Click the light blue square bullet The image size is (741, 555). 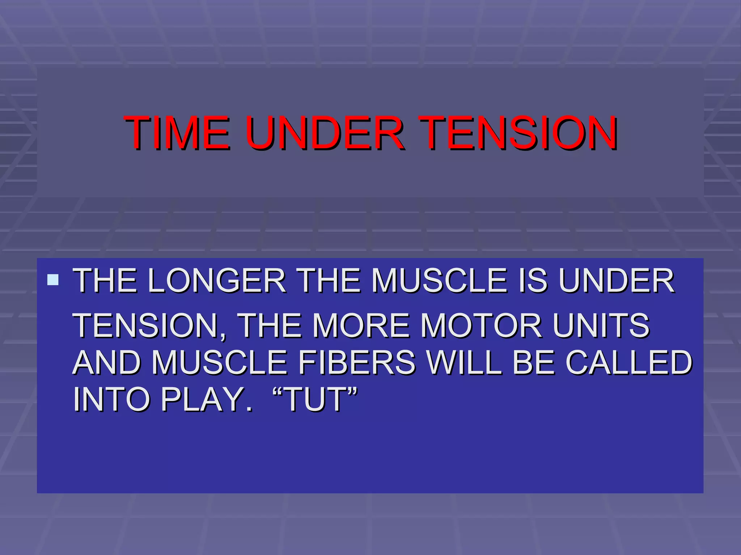point(53,280)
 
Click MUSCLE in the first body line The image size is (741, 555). point(439,281)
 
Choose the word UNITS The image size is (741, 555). point(601,326)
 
